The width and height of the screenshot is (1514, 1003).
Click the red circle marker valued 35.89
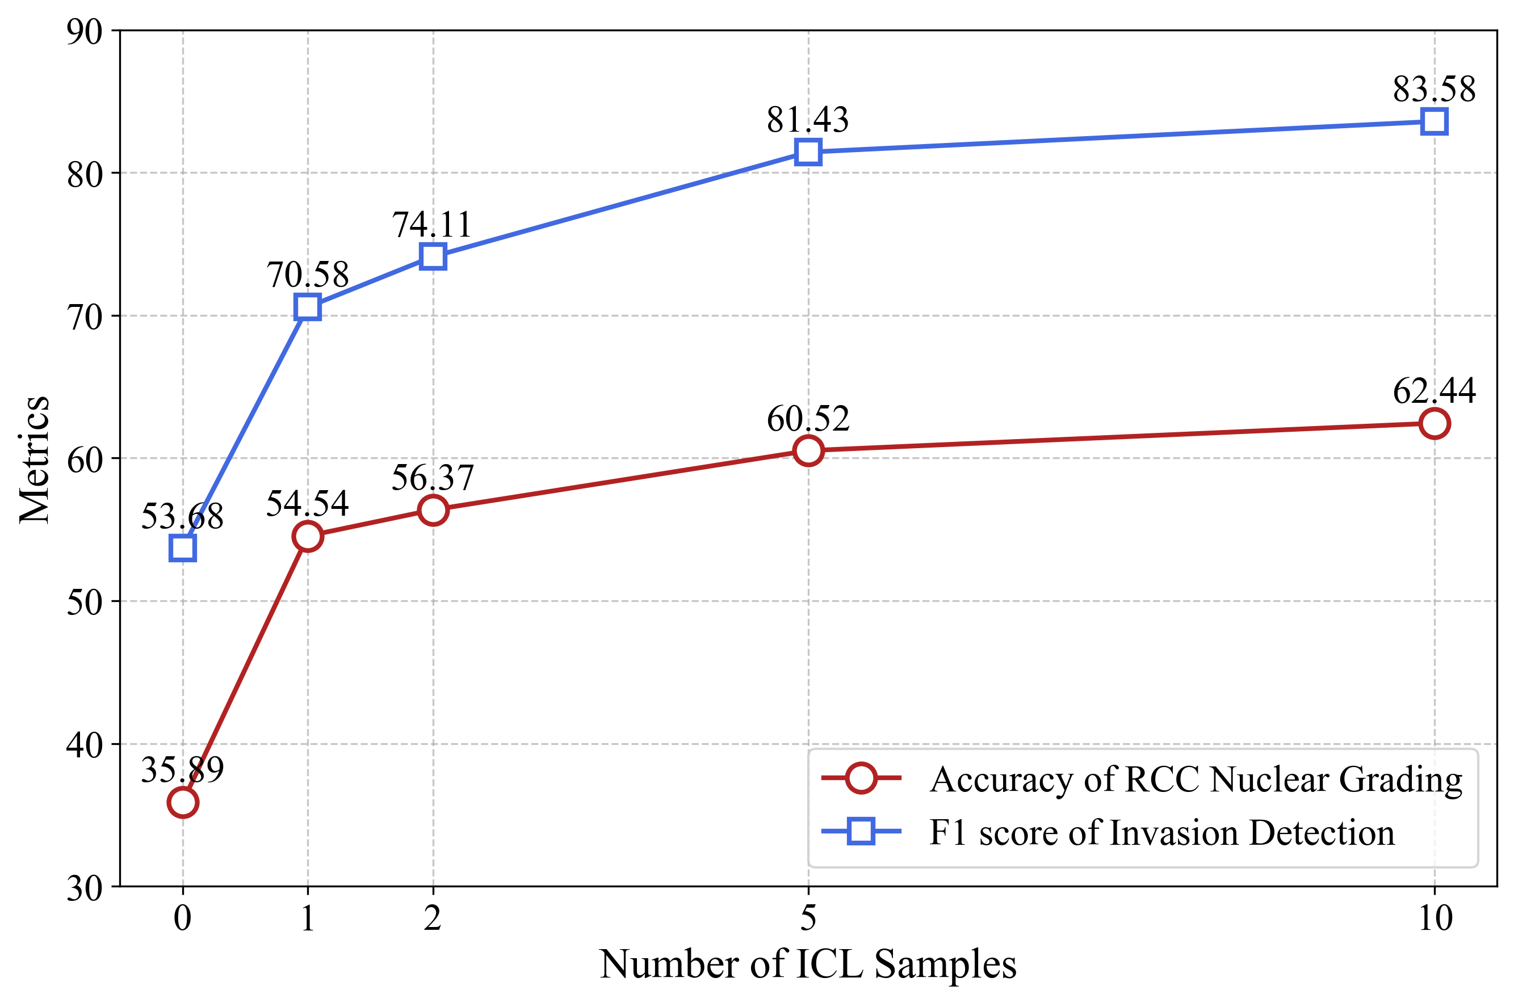tap(182, 802)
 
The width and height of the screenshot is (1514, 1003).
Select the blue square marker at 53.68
tap(182, 548)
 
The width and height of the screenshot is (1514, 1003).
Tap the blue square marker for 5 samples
tap(808, 152)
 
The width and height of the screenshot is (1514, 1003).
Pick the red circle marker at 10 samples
tap(1434, 423)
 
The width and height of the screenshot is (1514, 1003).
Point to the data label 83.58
tap(1434, 90)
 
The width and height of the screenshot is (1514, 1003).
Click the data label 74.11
tap(433, 225)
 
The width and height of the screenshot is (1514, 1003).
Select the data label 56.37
tap(433, 478)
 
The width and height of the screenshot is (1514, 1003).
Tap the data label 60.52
tap(808, 420)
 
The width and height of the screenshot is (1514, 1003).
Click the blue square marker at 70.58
tap(308, 307)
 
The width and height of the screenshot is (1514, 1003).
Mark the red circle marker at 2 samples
tap(433, 510)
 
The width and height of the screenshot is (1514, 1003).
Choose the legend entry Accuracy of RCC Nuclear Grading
tap(1196, 779)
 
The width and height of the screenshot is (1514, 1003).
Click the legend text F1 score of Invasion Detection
tap(1161, 833)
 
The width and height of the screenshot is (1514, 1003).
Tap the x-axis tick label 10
tap(1434, 918)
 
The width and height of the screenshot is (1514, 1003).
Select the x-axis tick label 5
tap(808, 918)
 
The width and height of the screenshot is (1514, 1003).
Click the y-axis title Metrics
tap(35, 460)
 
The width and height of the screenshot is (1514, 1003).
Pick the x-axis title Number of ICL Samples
tap(808, 964)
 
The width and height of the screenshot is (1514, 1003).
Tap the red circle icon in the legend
tap(861, 778)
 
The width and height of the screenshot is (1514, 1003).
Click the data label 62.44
tap(1434, 391)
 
